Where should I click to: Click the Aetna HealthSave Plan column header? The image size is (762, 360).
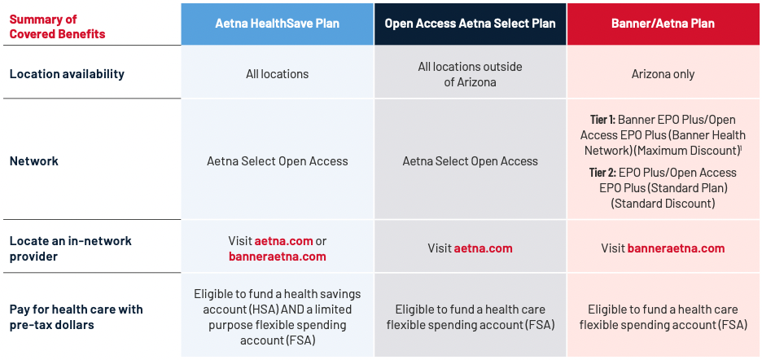(278, 24)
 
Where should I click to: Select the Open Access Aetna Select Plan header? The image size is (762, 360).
(470, 24)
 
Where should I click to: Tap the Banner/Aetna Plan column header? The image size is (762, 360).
(663, 24)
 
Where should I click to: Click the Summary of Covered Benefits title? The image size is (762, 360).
(57, 27)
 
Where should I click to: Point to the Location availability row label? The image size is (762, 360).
(67, 74)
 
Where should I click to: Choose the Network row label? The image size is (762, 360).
(34, 161)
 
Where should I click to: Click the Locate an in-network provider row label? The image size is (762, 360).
(71, 248)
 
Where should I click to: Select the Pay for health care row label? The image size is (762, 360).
(76, 317)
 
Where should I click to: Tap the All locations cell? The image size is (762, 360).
(277, 74)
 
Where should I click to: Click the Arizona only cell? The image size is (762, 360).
(663, 74)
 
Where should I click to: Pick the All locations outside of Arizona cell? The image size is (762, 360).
(470, 74)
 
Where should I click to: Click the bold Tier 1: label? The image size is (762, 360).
(602, 120)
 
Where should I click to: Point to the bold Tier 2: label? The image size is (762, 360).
(602, 173)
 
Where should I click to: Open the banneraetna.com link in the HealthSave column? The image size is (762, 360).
(277, 257)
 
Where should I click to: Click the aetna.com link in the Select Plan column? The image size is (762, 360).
(483, 248)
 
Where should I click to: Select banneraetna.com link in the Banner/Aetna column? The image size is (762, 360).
(676, 248)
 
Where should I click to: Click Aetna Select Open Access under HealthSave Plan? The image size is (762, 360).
(277, 161)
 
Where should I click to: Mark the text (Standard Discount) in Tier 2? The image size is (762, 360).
(663, 203)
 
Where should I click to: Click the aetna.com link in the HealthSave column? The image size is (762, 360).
(284, 241)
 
